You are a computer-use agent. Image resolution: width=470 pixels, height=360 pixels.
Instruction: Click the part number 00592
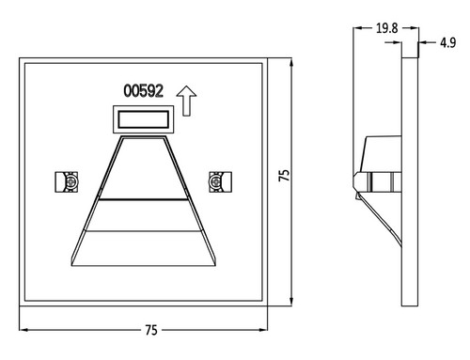click(x=144, y=91)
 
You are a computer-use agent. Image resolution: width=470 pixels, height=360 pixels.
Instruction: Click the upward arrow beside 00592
click(x=186, y=101)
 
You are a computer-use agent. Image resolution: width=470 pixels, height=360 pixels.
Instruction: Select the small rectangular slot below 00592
click(x=143, y=119)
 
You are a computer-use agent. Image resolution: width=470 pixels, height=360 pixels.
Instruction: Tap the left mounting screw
click(x=71, y=181)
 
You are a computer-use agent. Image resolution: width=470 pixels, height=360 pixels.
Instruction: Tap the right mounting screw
click(x=215, y=181)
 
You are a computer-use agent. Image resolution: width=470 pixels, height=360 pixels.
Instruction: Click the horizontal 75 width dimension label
click(x=151, y=330)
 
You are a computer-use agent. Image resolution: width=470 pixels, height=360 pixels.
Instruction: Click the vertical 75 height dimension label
click(x=284, y=176)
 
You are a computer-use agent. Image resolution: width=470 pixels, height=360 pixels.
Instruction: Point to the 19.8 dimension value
click(x=386, y=28)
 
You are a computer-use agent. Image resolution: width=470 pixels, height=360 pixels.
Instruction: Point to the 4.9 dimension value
click(x=447, y=42)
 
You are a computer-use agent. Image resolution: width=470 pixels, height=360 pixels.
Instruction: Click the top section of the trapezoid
click(x=143, y=168)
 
